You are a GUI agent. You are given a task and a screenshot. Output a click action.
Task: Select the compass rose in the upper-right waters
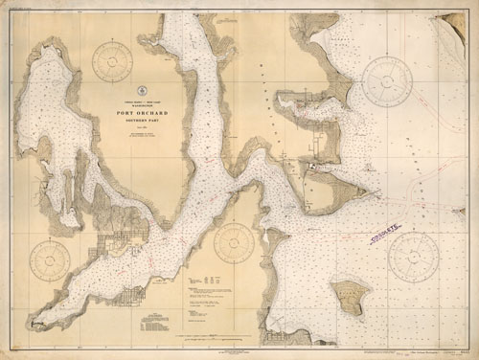point(387,80)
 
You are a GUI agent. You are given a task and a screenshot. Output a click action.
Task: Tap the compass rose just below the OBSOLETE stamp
point(413,256)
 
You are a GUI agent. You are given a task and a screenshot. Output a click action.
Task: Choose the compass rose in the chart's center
point(234,242)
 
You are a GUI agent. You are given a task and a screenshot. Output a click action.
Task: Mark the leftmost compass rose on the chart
point(50,259)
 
